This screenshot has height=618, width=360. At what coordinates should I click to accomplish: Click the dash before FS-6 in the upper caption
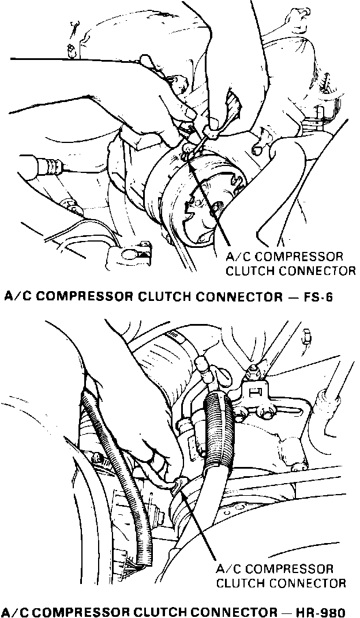292,297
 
